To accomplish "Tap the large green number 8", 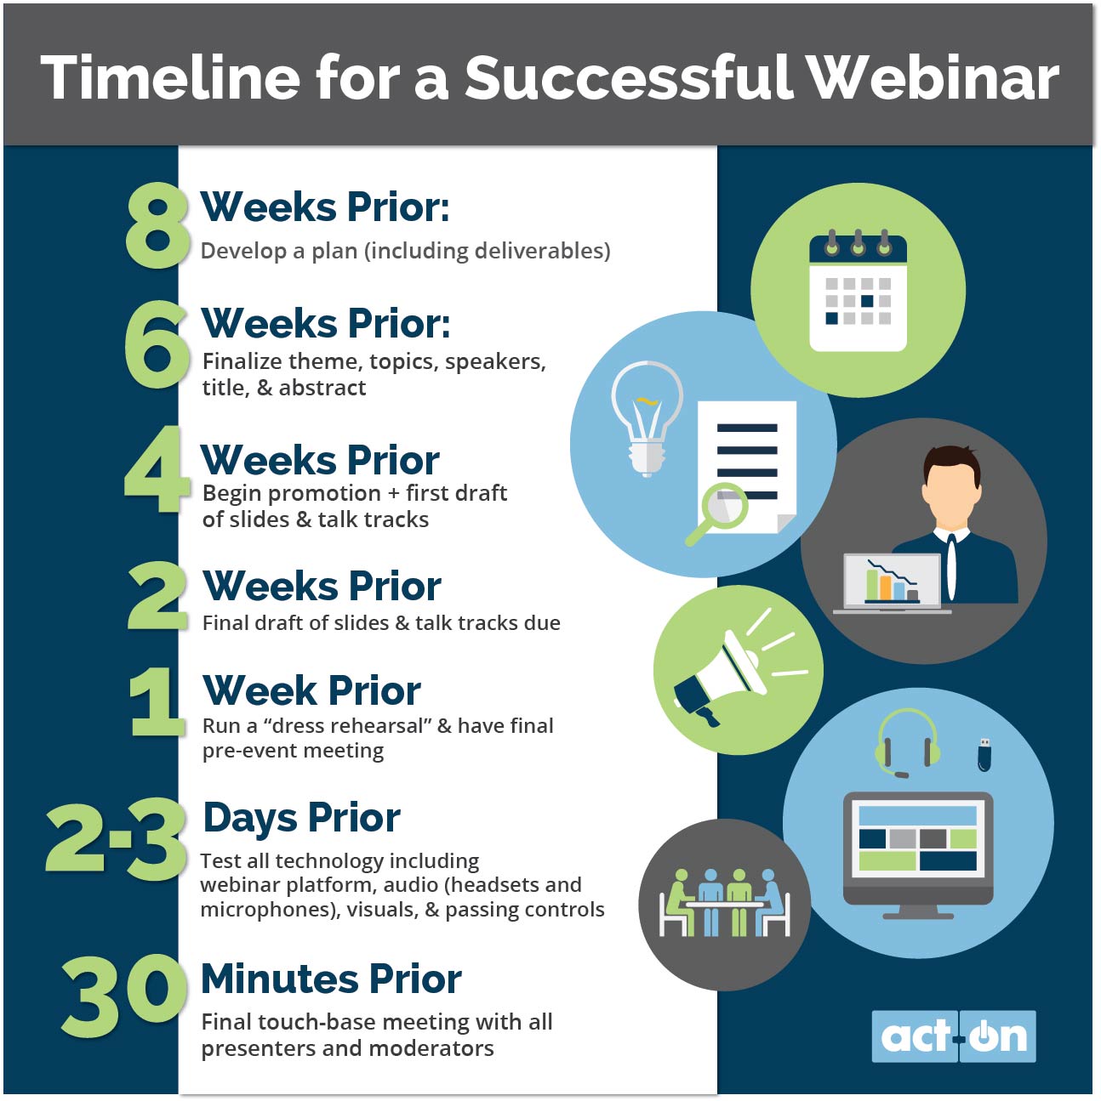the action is [157, 225].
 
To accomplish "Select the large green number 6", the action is [157, 344].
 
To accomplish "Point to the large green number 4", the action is [157, 468].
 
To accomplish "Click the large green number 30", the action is [123, 997].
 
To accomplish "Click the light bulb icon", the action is [647, 418].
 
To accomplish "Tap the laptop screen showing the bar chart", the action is [893, 581].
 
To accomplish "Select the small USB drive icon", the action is [984, 754].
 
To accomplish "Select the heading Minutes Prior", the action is [331, 979].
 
